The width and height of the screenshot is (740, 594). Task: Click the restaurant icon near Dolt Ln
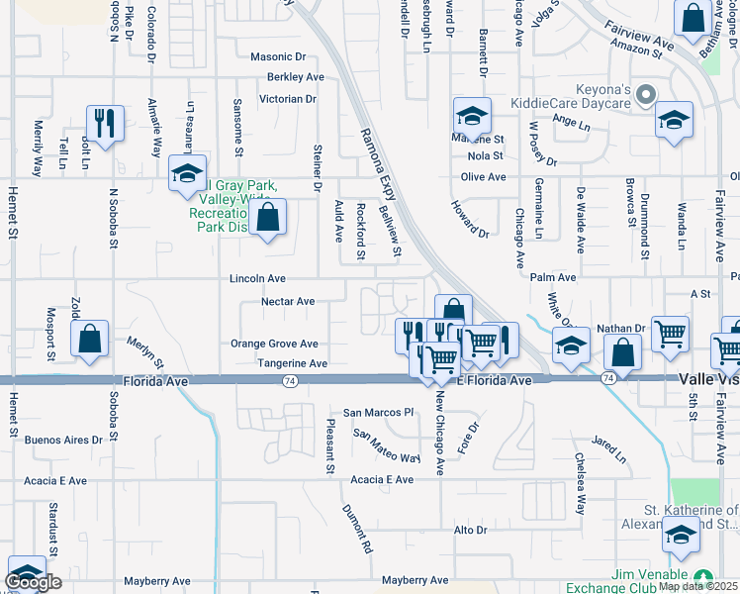[105, 124]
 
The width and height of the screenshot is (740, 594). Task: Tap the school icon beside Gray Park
[186, 173]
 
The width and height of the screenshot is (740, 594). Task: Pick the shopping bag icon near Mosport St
[89, 339]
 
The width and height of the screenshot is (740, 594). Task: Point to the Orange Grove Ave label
[274, 345]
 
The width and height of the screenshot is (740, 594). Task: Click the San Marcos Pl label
[377, 412]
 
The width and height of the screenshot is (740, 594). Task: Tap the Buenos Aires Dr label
[63, 440]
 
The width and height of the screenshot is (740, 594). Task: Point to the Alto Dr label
[470, 531]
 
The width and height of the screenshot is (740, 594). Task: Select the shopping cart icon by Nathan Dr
[670, 335]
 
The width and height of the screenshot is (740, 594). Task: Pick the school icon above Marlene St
[472, 116]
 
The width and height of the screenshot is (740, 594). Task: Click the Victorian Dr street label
[287, 99]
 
